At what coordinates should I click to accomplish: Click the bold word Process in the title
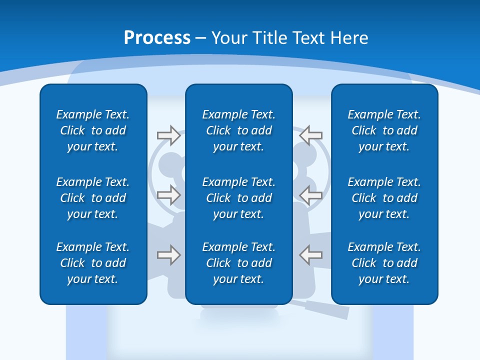pyautogui.click(x=157, y=38)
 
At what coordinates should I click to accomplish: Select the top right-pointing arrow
pyautogui.click(x=168, y=135)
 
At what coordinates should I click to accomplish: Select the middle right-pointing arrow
pyautogui.click(x=168, y=194)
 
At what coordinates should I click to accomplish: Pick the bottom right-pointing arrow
pyautogui.click(x=168, y=255)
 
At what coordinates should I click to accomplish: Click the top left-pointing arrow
pyautogui.click(x=311, y=135)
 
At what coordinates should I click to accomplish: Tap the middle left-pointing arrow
pyautogui.click(x=311, y=194)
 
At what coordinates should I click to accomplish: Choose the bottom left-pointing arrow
pyautogui.click(x=311, y=255)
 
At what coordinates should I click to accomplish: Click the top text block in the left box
pyautogui.click(x=93, y=130)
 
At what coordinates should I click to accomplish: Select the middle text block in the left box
pyautogui.click(x=93, y=198)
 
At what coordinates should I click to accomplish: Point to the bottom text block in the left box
pyautogui.click(x=93, y=263)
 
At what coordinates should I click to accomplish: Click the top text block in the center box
pyautogui.click(x=239, y=130)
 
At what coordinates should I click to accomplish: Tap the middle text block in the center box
pyautogui.click(x=239, y=198)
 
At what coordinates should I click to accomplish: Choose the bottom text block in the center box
pyautogui.click(x=239, y=263)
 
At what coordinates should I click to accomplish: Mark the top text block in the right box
pyautogui.click(x=384, y=130)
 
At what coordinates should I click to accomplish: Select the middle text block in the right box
pyautogui.click(x=384, y=198)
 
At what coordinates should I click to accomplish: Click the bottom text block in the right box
pyautogui.click(x=384, y=263)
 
